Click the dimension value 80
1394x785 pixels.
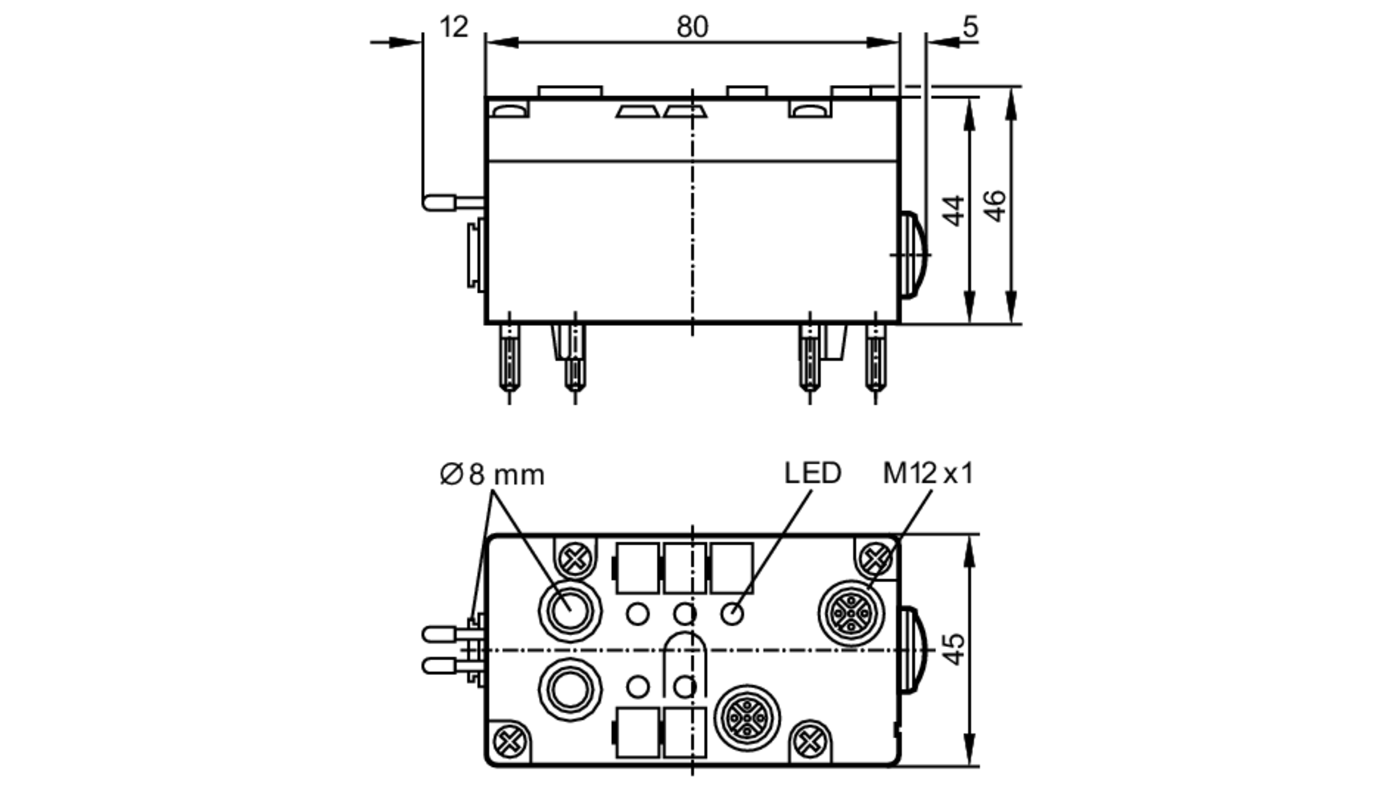(691, 27)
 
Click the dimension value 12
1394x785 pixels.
(454, 27)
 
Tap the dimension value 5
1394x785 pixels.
(970, 27)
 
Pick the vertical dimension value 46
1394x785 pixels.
(996, 206)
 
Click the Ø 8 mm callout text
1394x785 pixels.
(492, 474)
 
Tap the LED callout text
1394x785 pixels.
(812, 473)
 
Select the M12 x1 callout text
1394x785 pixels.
(927, 473)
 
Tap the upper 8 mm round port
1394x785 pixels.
(569, 611)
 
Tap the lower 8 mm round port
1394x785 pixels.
(569, 690)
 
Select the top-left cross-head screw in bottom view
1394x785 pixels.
(575, 559)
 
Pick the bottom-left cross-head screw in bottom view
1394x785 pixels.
(510, 741)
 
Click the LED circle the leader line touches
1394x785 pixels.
(732, 614)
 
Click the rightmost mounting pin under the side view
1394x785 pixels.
(875, 362)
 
